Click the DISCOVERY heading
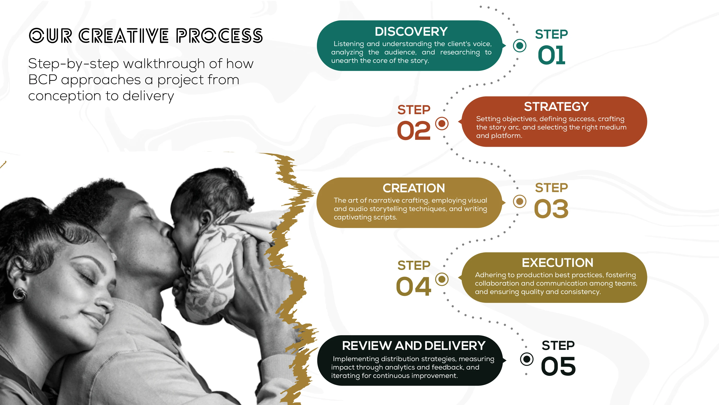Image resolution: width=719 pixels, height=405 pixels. (411, 32)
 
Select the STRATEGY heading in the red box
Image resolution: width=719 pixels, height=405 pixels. (556, 106)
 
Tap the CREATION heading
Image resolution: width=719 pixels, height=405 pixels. (414, 188)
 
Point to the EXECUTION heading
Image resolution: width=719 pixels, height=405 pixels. (557, 263)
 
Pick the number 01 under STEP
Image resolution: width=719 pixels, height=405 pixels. (551, 55)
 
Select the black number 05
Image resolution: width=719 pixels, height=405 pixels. (558, 366)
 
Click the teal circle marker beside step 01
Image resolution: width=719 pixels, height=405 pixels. (520, 45)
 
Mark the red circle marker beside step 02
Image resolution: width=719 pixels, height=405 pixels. (442, 123)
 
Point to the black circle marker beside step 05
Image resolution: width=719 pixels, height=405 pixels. (527, 359)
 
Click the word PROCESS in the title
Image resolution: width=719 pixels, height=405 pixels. (219, 36)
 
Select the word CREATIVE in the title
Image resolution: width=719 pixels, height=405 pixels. (124, 36)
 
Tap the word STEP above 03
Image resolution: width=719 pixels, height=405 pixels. (551, 188)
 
